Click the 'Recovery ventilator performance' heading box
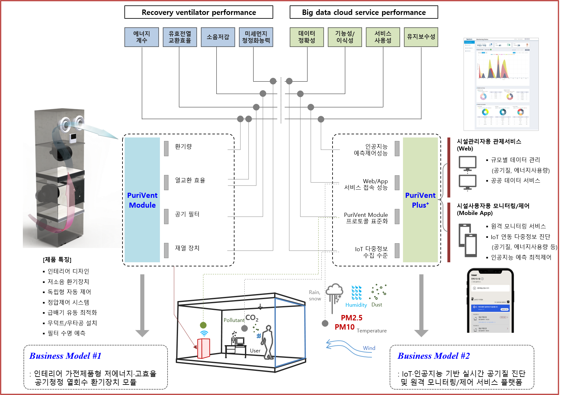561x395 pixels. click(x=199, y=12)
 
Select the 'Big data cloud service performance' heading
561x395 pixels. click(x=364, y=12)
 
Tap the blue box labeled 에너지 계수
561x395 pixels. click(x=142, y=37)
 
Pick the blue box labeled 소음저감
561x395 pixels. click(x=218, y=37)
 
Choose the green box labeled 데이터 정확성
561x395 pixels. click(x=307, y=37)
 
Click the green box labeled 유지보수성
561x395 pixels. click(x=421, y=37)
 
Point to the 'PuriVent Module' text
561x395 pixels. click(x=142, y=200)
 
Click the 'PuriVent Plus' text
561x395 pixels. click(x=420, y=200)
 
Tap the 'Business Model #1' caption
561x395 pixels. click(x=65, y=356)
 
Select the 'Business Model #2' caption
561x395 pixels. click(x=434, y=356)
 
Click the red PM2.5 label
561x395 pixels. click(x=352, y=318)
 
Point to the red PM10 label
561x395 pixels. click(x=345, y=327)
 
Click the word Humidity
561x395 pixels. click(x=356, y=305)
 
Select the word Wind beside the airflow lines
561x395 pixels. click(x=369, y=348)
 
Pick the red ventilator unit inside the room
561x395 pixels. click(x=203, y=348)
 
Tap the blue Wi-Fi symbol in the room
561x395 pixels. click(x=204, y=333)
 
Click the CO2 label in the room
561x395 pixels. click(x=252, y=318)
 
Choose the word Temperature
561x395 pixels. click(x=372, y=331)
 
